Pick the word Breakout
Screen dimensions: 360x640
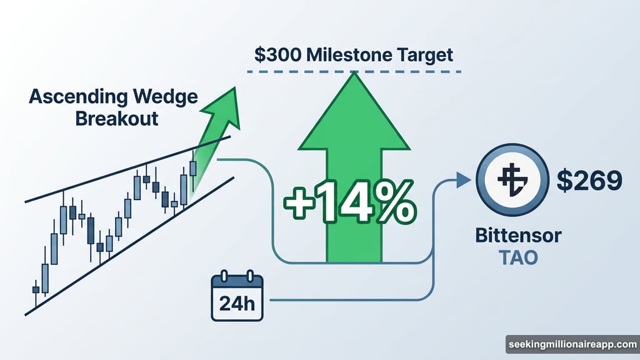[x=117, y=118]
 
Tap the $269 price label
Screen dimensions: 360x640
[x=589, y=180]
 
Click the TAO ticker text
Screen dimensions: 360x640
[x=517, y=257]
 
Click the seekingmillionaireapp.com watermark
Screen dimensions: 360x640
[x=571, y=344]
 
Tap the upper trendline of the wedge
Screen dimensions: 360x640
[x=94, y=181]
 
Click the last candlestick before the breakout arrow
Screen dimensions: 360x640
[x=192, y=168]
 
